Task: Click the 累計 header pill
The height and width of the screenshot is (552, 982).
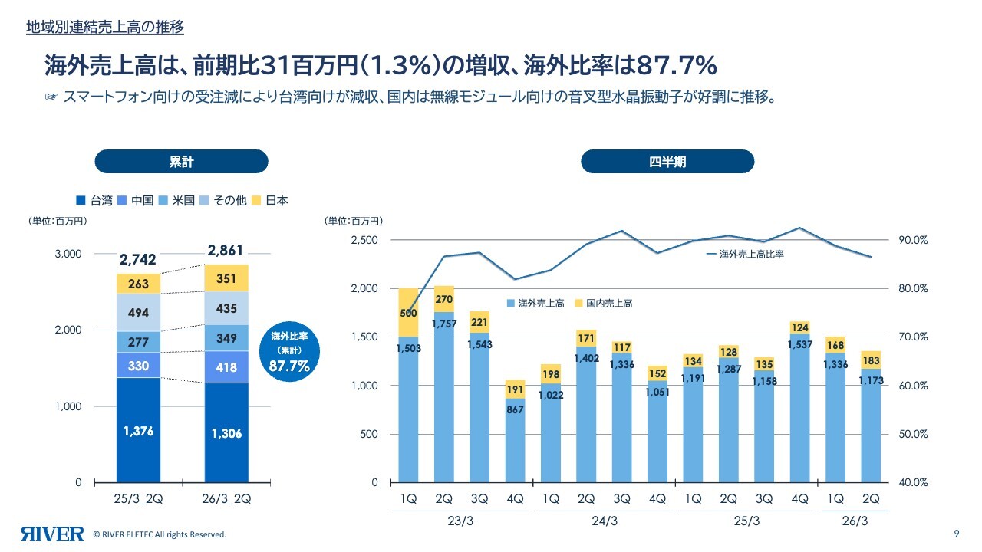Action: point(181,162)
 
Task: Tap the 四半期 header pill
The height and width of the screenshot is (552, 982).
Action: point(667,162)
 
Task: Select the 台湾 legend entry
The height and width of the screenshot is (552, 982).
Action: point(95,201)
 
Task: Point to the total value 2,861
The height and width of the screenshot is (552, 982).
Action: point(226,251)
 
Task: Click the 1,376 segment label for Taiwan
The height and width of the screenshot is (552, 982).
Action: point(139,432)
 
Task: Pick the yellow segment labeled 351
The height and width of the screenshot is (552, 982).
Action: point(226,279)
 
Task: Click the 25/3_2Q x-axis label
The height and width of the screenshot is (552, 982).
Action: point(139,499)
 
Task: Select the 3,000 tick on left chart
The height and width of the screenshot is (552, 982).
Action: point(68,254)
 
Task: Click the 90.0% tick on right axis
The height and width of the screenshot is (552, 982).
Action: point(913,240)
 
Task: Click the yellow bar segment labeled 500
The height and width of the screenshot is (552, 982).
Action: point(408,313)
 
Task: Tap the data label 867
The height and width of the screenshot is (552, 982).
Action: point(515,410)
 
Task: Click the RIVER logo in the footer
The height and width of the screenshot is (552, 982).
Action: point(52,534)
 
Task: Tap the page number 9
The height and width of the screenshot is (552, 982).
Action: point(956,534)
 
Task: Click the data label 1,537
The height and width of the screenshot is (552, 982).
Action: point(799,344)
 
